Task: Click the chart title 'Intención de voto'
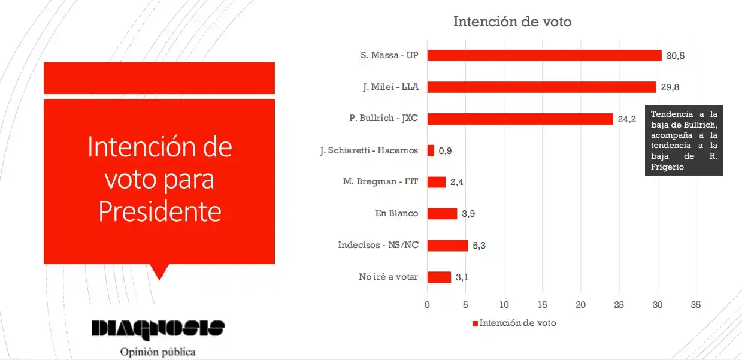(512, 22)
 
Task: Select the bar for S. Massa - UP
(544, 55)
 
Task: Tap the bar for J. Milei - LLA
(541, 87)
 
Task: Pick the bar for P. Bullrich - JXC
(520, 119)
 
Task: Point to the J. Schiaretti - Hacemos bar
(431, 150)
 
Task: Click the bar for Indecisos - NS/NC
(447, 245)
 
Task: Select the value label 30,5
(676, 55)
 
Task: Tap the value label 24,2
(627, 119)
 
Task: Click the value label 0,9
(445, 150)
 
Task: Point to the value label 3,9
(468, 214)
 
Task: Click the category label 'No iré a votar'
(388, 277)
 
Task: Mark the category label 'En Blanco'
(396, 214)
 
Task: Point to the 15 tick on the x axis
(542, 305)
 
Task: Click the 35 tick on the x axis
(696, 305)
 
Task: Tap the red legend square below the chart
(475, 323)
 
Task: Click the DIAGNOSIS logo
(158, 328)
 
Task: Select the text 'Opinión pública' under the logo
(158, 352)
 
